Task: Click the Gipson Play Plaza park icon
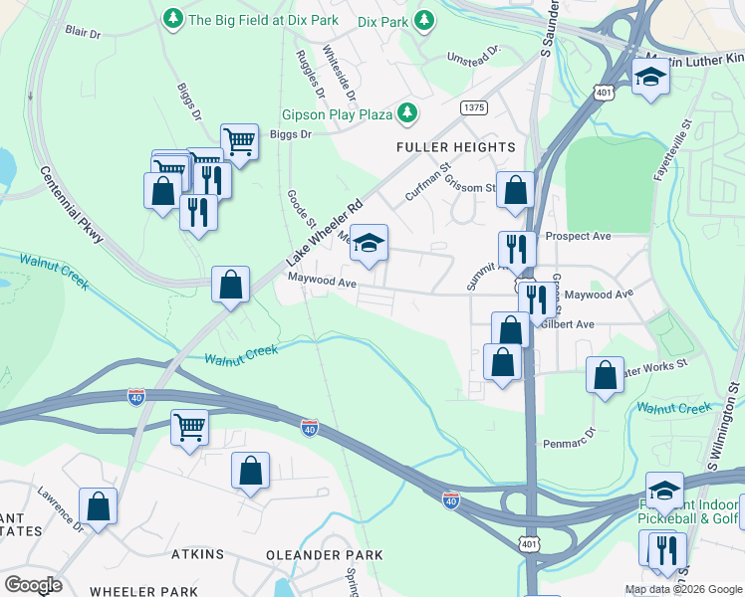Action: [406, 114]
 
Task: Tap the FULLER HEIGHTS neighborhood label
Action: [456, 147]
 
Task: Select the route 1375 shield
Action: [473, 106]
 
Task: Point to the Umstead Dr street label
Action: [472, 55]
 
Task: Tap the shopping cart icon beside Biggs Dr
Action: [239, 141]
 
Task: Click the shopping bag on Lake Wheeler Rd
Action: [230, 285]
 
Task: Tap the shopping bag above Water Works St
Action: [605, 374]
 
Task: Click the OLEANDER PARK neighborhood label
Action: [324, 554]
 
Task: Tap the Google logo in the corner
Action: [33, 584]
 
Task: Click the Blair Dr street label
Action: [83, 33]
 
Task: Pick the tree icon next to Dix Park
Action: [424, 19]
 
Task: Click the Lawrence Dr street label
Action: [59, 506]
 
